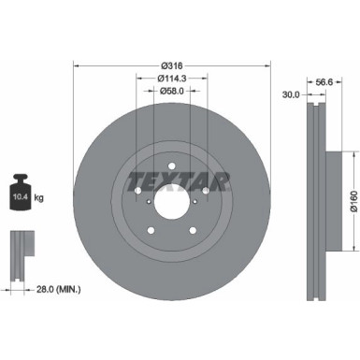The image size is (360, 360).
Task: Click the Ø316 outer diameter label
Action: pos(171,65)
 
